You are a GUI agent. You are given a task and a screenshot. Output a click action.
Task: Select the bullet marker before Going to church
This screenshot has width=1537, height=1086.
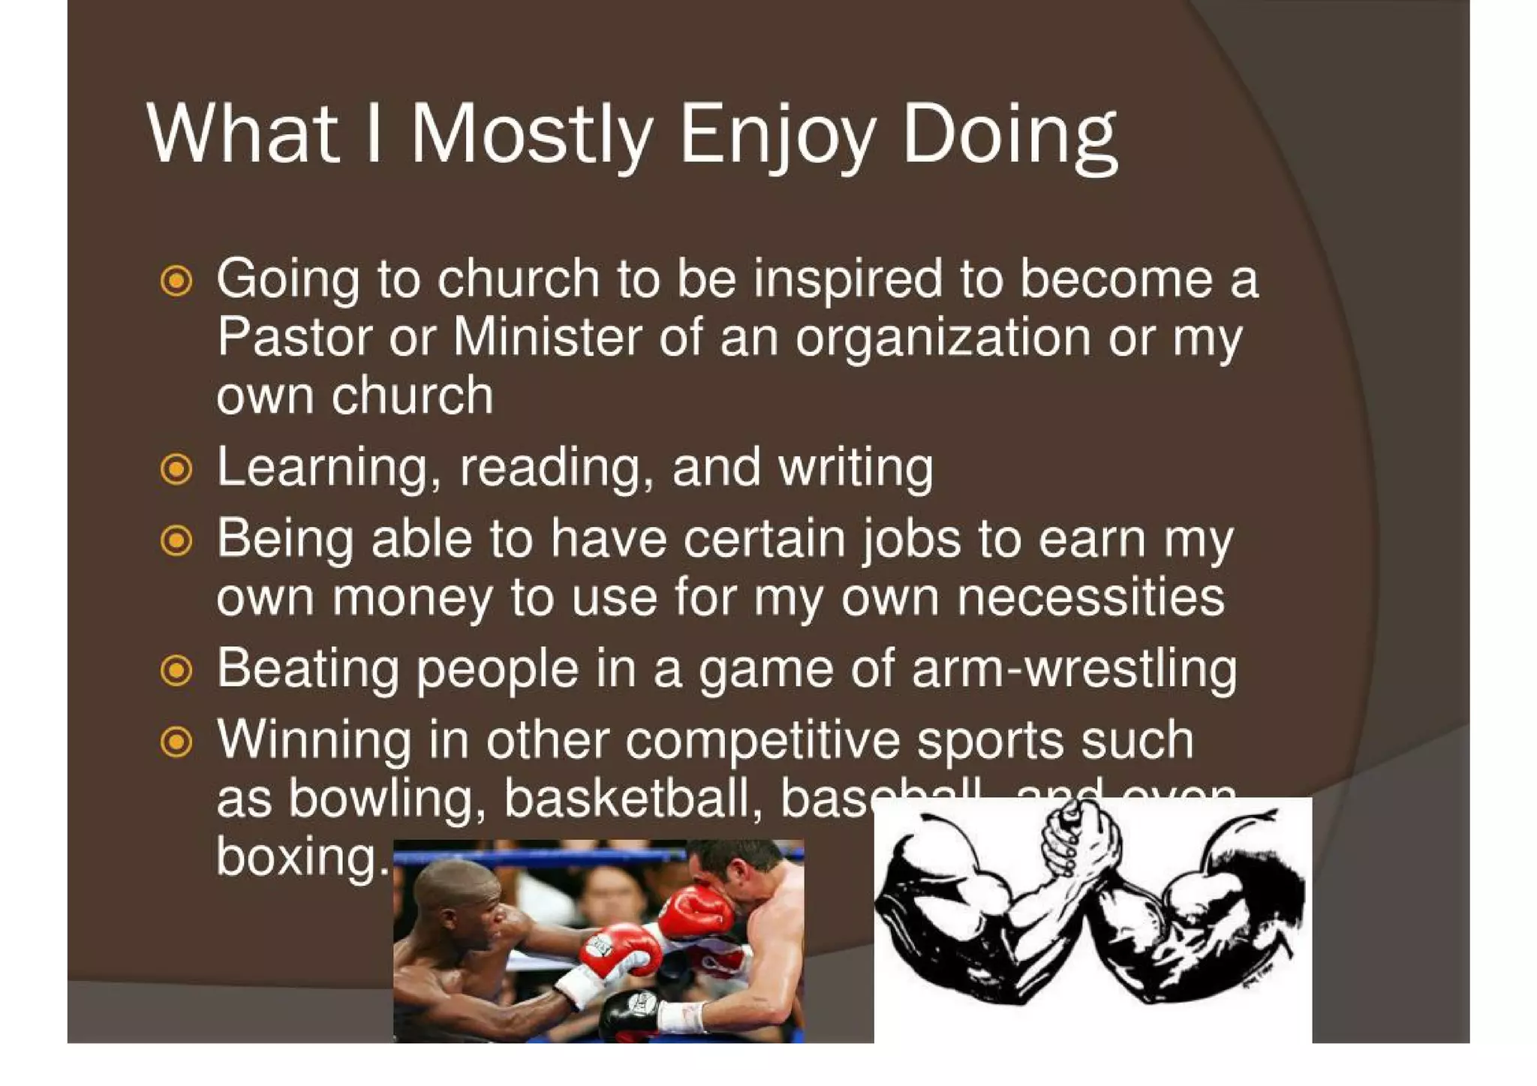[176, 281]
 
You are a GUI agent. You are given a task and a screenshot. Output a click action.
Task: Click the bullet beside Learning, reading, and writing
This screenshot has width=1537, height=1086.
[176, 469]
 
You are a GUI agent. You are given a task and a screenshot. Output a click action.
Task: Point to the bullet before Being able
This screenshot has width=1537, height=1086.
[176, 540]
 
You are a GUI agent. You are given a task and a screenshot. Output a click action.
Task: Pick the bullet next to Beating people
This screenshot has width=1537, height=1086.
[176, 670]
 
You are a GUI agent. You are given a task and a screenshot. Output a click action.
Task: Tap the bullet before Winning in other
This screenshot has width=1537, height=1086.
[176, 742]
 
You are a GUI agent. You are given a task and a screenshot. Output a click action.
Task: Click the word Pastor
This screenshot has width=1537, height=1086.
[295, 336]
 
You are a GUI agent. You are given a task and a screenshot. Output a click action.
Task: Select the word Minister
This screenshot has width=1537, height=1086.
[548, 336]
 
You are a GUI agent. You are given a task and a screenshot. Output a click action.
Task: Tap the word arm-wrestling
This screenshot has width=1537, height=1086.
[1074, 669]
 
